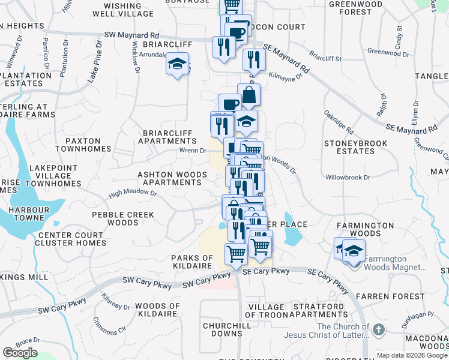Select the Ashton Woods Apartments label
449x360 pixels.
click(172, 178)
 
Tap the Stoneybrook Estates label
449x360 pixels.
click(349, 147)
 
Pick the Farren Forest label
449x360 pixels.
click(399, 296)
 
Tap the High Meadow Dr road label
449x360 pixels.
click(133, 194)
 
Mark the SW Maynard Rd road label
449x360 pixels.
click(131, 36)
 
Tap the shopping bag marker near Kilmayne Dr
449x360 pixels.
click(249, 95)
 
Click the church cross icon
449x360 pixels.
click(378, 329)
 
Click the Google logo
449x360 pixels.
click(20, 353)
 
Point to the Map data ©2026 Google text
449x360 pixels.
click(412, 355)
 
